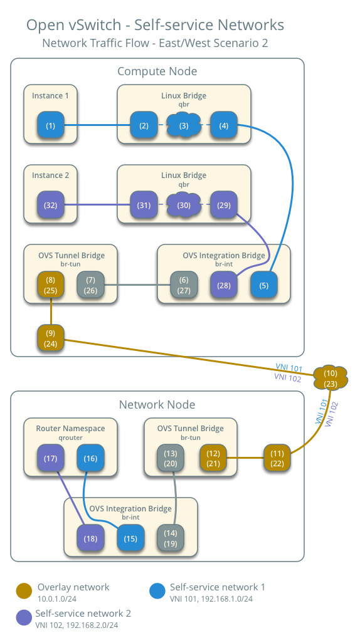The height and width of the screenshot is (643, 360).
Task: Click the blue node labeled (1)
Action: click(x=50, y=125)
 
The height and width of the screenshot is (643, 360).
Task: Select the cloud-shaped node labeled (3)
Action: click(x=184, y=125)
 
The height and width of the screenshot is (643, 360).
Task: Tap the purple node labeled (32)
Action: click(x=50, y=205)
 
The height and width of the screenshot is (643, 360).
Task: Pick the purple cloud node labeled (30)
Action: click(x=184, y=205)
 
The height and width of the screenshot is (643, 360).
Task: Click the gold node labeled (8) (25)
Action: click(x=50, y=285)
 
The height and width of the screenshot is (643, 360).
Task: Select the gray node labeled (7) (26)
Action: click(x=90, y=285)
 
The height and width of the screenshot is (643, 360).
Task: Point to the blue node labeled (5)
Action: click(x=263, y=286)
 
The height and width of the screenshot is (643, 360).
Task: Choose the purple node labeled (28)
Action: click(x=223, y=286)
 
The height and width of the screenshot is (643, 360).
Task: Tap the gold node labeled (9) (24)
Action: click(x=50, y=338)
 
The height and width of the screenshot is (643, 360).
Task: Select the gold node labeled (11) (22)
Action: click(x=277, y=457)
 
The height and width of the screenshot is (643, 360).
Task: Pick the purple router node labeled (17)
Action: click(x=50, y=458)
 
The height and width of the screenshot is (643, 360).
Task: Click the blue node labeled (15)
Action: click(x=130, y=538)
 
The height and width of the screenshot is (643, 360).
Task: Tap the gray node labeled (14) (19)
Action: click(x=171, y=538)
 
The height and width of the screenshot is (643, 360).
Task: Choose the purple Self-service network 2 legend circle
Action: click(x=24, y=617)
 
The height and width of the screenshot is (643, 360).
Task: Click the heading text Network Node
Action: click(x=157, y=405)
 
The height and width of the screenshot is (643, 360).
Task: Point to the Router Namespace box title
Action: click(x=70, y=429)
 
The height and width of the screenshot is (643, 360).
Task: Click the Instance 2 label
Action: click(x=50, y=175)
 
